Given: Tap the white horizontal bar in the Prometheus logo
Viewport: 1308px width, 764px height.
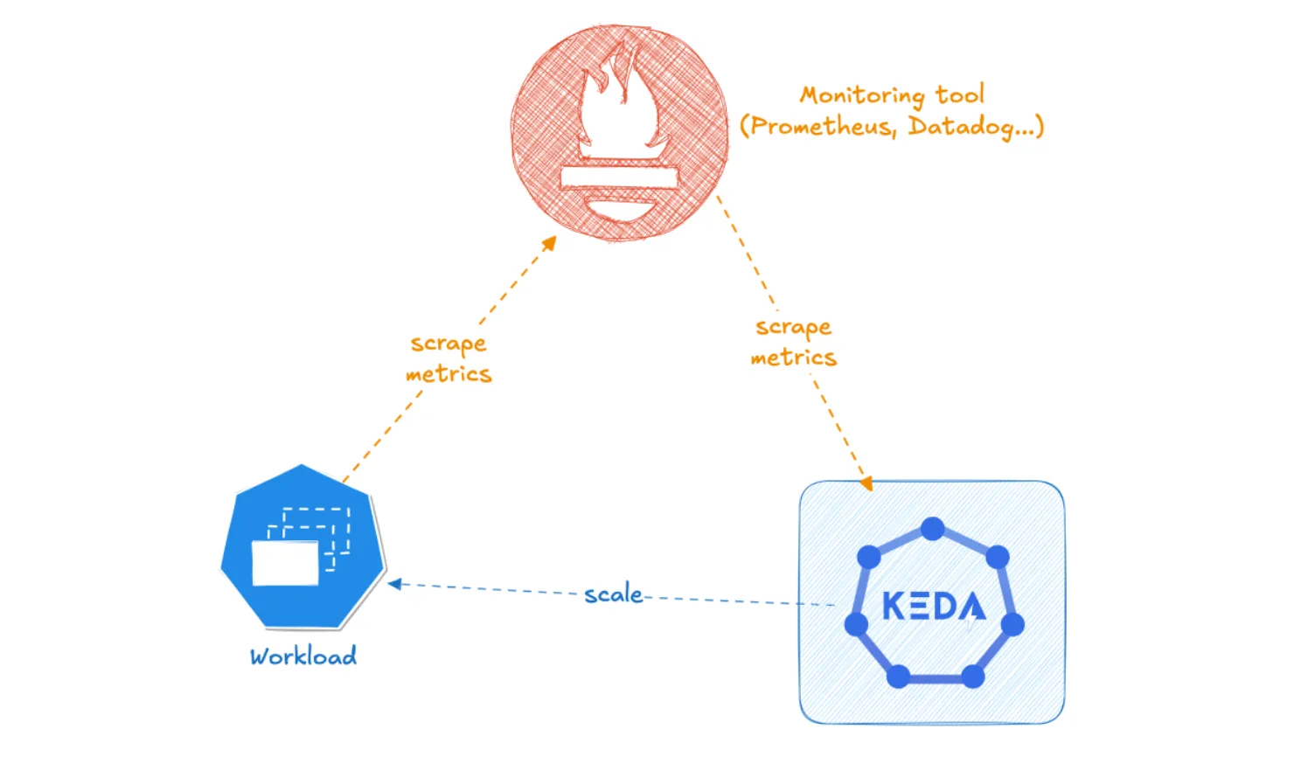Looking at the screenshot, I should point(619,177).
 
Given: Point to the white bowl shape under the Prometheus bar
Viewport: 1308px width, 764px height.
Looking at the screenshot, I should point(619,211).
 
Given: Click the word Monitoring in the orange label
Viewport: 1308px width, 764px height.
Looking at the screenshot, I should point(861,95).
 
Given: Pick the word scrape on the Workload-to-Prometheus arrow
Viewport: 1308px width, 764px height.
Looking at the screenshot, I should point(449,344).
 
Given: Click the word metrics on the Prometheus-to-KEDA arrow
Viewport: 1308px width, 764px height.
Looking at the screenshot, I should point(793,358).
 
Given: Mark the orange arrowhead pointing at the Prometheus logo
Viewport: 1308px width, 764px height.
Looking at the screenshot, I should point(549,243).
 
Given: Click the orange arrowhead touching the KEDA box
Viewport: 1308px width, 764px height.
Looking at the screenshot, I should point(865,483).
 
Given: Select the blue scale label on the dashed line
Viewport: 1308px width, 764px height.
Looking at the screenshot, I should point(613,594).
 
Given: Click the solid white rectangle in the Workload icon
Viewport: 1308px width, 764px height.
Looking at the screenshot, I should point(285,563).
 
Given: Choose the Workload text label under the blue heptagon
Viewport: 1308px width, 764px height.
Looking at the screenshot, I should point(303,656).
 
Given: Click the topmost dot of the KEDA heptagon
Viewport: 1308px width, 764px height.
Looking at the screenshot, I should point(933,529).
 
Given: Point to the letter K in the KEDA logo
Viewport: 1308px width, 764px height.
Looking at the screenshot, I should point(894,606).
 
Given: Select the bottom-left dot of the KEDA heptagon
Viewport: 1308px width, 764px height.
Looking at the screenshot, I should point(898,676).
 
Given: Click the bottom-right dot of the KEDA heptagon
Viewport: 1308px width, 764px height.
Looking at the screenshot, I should point(973,676).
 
